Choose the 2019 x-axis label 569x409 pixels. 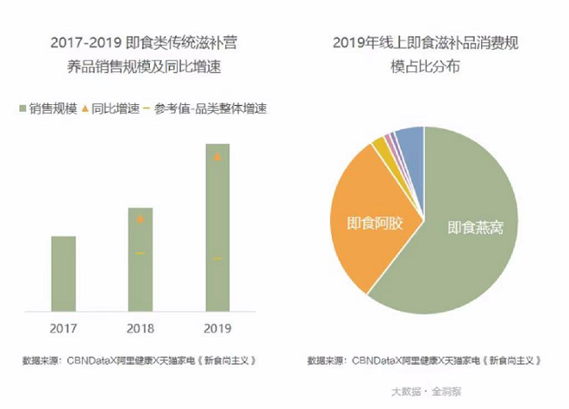(x=217, y=327)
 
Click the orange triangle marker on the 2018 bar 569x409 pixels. (x=140, y=220)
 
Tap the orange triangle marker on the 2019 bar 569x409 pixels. (x=217, y=158)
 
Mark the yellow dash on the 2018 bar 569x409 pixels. (x=140, y=252)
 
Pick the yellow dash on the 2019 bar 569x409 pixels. (x=217, y=258)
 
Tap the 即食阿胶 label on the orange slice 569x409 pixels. (x=369, y=223)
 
